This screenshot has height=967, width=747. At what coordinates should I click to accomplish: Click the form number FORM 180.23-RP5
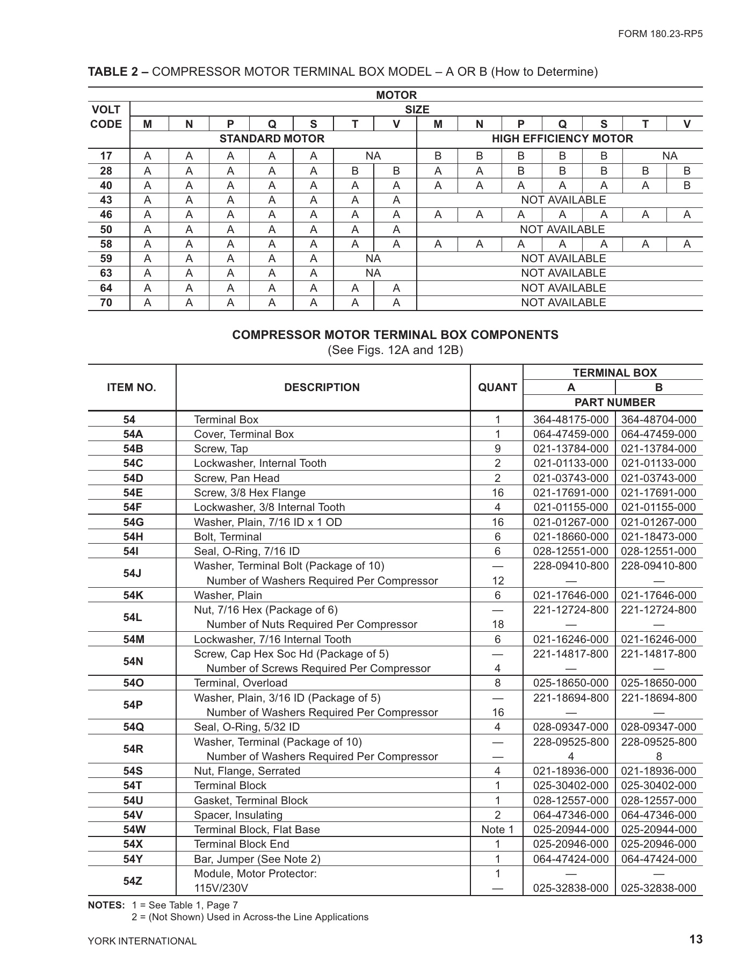(660, 33)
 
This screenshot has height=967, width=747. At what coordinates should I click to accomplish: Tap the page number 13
(696, 939)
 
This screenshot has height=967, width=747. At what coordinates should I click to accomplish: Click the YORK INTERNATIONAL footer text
(142, 941)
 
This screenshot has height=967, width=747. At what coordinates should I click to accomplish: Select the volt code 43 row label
(106, 200)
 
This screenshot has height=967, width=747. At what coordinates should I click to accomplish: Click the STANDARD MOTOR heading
(272, 139)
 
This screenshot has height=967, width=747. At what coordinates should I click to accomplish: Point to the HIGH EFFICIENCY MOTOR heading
(562, 139)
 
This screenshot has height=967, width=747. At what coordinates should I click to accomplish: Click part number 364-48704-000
(658, 420)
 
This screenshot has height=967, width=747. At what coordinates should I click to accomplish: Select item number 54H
(133, 537)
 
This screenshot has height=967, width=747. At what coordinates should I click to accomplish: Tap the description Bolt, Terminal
(228, 537)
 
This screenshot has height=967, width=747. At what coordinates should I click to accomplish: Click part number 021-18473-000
(658, 537)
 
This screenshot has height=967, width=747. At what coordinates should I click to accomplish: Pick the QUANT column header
(497, 387)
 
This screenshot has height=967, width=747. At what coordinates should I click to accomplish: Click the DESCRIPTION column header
(322, 387)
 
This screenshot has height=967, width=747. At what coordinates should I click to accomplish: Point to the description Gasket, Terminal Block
(251, 800)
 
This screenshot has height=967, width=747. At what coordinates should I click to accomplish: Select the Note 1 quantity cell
(497, 829)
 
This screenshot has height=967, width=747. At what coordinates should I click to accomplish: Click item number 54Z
(133, 881)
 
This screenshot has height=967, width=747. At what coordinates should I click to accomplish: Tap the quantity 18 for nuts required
(497, 624)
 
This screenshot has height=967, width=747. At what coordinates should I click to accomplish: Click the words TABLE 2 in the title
(113, 72)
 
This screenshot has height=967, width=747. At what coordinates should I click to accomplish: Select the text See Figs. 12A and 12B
(395, 350)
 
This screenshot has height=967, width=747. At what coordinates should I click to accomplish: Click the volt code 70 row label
(106, 302)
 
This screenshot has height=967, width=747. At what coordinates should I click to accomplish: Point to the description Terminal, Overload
(241, 683)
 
